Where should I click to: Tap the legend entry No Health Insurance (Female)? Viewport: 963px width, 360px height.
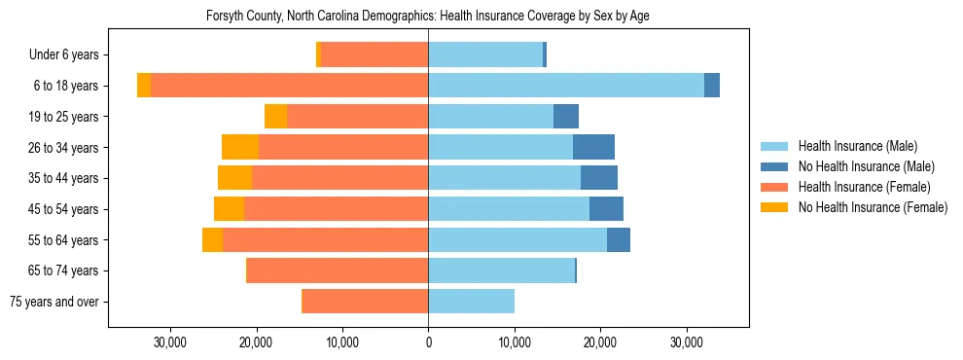click(x=873, y=207)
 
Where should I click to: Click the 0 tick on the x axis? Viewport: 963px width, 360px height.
click(x=428, y=342)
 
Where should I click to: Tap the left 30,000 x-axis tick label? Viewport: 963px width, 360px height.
click(x=170, y=342)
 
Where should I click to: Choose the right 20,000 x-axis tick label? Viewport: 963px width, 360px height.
click(x=600, y=342)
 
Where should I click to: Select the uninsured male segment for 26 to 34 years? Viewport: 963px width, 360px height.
click(x=593, y=147)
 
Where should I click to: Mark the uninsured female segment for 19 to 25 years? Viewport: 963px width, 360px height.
click(x=275, y=117)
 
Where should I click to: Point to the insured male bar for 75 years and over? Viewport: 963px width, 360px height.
click(x=471, y=302)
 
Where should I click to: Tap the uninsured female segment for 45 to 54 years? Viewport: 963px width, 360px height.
click(x=229, y=209)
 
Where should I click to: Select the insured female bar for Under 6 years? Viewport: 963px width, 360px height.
click(x=374, y=55)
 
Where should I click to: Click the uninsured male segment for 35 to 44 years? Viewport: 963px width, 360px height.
click(x=599, y=178)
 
